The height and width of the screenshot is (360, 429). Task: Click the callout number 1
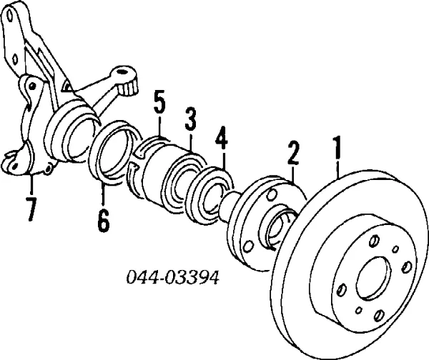tap(337, 148)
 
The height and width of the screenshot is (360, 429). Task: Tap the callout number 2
tap(292, 154)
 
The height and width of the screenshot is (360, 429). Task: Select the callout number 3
tap(191, 118)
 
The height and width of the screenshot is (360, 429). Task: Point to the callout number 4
tap(222, 136)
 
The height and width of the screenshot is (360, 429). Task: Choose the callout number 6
tap(103, 221)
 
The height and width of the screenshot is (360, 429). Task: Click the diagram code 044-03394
tap(172, 278)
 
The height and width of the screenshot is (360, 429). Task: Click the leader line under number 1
tap(338, 169)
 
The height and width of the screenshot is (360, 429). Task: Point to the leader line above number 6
tap(103, 194)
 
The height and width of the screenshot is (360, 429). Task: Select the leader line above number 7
tap(31, 184)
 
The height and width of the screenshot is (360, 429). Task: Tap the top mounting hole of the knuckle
tap(10, 15)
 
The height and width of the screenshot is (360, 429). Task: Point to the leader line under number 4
tap(223, 159)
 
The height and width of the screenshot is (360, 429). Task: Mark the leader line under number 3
tap(191, 141)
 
